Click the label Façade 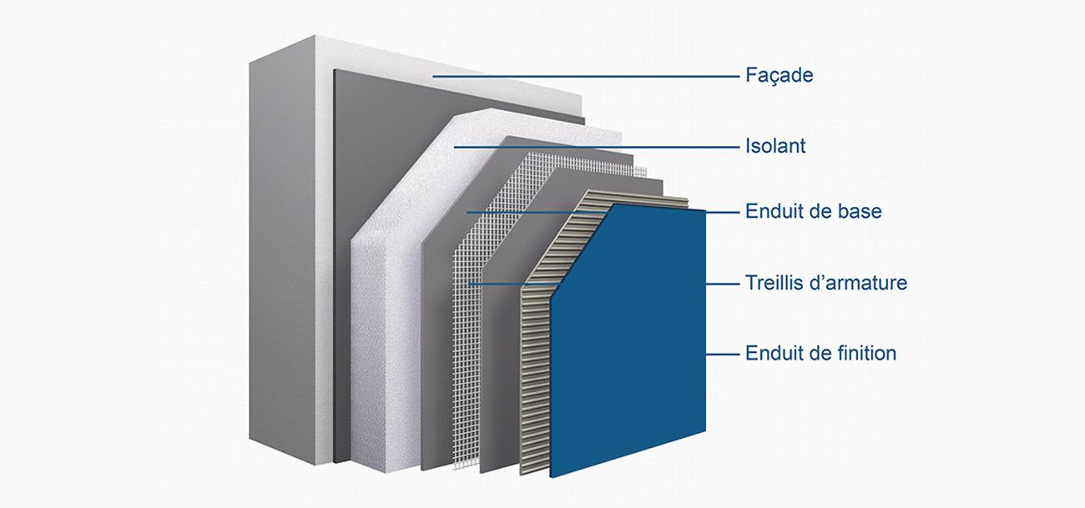coord(778,76)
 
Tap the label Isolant coord(775,146)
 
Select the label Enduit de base coord(813,212)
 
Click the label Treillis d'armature coord(825,283)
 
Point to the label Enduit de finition coord(820,353)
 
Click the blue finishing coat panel coord(634,334)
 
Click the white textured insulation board coord(384,334)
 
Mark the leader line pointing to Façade coord(584,77)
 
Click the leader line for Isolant coord(597,147)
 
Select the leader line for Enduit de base coord(584,212)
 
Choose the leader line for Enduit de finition coord(723,354)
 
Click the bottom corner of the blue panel coord(552,475)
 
